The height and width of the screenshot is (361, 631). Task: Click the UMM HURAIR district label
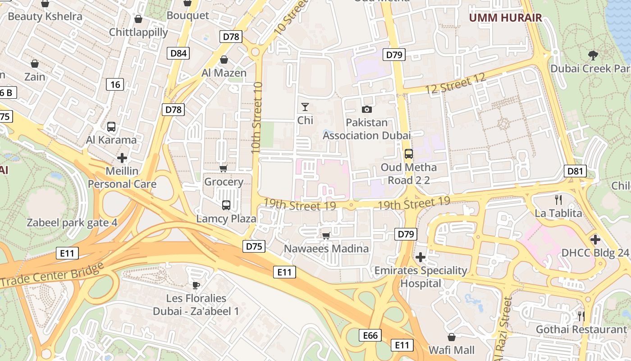(505, 18)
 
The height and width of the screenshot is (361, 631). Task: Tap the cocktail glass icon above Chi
(305, 107)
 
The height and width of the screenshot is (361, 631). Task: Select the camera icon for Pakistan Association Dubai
(367, 109)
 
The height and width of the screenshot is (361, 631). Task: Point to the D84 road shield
(178, 53)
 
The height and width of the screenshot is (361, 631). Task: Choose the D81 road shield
(575, 171)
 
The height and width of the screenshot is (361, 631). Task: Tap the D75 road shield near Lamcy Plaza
(254, 246)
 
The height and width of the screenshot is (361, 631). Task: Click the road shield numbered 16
(115, 84)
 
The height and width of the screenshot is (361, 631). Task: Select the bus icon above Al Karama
(111, 127)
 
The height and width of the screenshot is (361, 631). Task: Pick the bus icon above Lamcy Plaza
(226, 205)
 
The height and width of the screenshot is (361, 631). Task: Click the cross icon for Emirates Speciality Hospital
(421, 257)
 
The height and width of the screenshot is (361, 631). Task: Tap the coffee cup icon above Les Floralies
(196, 285)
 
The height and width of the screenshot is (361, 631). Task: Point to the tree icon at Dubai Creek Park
(593, 56)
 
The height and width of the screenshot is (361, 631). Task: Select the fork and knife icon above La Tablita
(558, 199)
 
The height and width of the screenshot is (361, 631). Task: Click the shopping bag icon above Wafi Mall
(451, 337)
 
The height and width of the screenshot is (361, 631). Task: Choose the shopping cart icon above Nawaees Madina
(326, 235)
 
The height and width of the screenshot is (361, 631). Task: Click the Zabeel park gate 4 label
(72, 222)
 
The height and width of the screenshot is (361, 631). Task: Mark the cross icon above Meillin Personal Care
(122, 158)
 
